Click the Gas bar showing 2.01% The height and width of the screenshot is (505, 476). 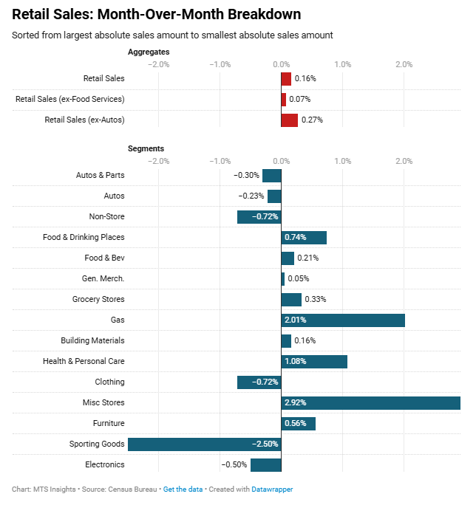click(343, 320)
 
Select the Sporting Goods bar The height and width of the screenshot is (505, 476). click(205, 444)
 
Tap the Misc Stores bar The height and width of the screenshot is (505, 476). click(371, 402)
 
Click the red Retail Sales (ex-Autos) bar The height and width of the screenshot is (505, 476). click(290, 120)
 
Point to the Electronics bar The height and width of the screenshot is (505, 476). click(266, 464)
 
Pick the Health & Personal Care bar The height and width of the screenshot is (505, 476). click(314, 361)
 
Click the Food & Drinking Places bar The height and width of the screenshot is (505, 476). click(304, 237)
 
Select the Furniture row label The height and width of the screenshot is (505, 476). click(109, 423)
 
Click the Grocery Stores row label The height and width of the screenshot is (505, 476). click(98, 299)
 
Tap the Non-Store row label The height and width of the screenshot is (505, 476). click(106, 216)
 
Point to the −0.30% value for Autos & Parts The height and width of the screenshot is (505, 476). click(246, 175)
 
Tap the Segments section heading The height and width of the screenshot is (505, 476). click(146, 148)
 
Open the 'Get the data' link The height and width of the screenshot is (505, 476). click(183, 489)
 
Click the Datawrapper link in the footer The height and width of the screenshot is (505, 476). click(272, 489)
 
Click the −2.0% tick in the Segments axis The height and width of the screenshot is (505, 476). click(159, 160)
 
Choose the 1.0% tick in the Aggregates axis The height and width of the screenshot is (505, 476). click(342, 63)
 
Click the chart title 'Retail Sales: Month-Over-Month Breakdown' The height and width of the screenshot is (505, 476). click(157, 14)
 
